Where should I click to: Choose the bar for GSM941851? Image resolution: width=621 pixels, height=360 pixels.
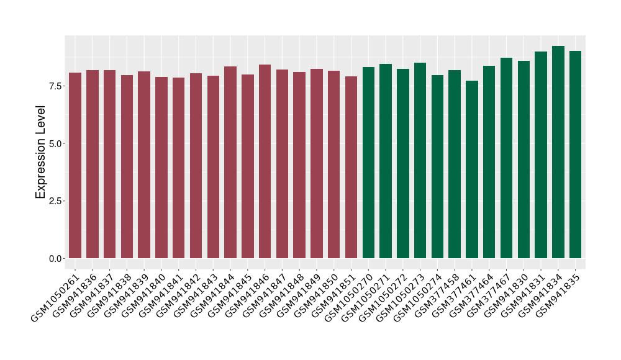351,167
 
